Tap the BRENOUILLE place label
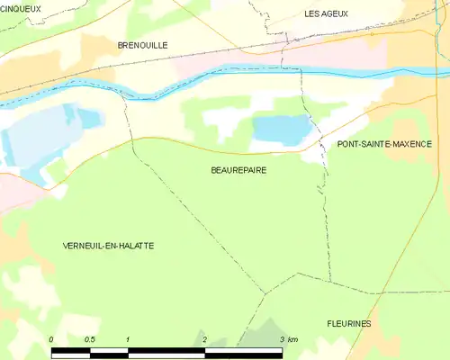tap(142, 44)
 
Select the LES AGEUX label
tap(326, 13)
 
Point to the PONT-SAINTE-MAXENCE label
tap(384, 144)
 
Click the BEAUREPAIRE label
tap(238, 168)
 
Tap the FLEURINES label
tap(349, 323)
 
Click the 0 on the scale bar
tap(52, 339)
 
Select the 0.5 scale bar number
tap(90, 339)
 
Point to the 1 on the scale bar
tap(129, 339)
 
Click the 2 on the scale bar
tap(205, 339)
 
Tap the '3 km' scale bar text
tap(288, 339)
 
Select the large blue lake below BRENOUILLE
tap(40, 135)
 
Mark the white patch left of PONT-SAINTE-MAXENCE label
tap(315, 154)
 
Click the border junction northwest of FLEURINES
tap(265, 292)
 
